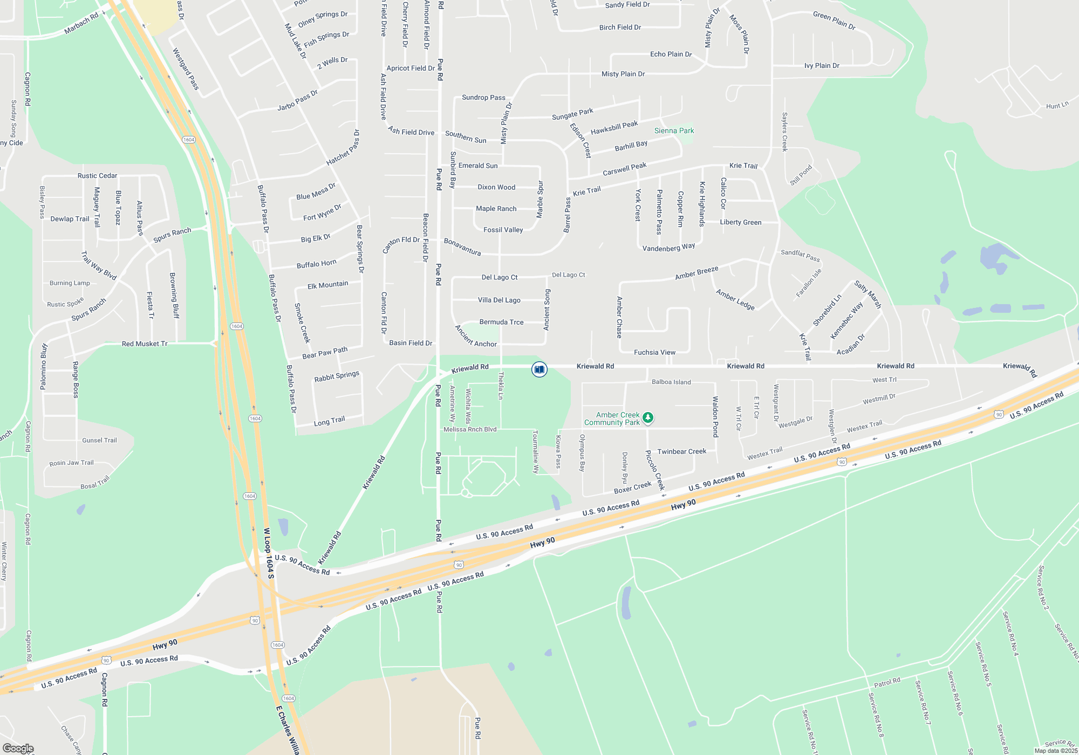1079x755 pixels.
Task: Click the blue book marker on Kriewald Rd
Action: click(x=539, y=369)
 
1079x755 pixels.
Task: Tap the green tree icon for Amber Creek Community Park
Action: click(x=648, y=417)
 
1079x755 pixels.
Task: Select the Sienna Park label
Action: click(x=674, y=131)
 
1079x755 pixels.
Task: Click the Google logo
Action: click(x=18, y=749)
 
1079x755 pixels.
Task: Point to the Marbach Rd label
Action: click(x=81, y=23)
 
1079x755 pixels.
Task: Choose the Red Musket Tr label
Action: click(x=145, y=344)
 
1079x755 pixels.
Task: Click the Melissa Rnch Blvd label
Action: click(x=470, y=429)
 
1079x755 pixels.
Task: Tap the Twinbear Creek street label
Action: click(x=681, y=451)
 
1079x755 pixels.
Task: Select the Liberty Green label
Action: click(x=740, y=222)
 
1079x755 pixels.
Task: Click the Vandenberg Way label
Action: click(x=668, y=248)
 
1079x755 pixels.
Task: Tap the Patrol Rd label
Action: click(x=887, y=682)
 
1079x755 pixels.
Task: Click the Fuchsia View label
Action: click(x=654, y=352)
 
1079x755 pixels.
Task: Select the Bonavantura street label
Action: click(x=462, y=246)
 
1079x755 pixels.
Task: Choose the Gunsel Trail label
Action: click(x=99, y=440)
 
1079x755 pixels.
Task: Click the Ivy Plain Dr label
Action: click(x=822, y=66)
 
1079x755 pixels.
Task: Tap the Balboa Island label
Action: click(x=671, y=382)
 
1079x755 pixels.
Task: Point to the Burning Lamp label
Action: click(x=70, y=283)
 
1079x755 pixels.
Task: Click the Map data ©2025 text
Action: click(x=1056, y=751)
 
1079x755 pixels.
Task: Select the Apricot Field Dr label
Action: click(x=411, y=68)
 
